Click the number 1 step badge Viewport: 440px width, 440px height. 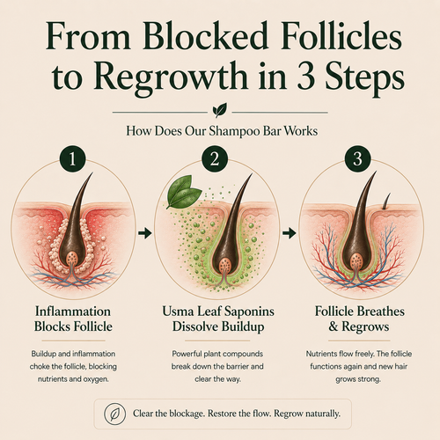[x=72, y=159]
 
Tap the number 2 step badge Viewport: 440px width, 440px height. [x=215, y=159]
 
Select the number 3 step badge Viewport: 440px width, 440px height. [x=357, y=159]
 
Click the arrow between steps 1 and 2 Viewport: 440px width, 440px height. [x=145, y=233]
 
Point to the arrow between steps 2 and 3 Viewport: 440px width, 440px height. [x=290, y=233]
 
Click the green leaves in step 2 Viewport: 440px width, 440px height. [x=183, y=191]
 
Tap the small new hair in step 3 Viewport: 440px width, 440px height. [x=386, y=202]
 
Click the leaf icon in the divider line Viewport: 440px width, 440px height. [x=220, y=110]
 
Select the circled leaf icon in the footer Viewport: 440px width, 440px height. [x=115, y=414]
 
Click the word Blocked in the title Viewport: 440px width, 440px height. [x=206, y=39]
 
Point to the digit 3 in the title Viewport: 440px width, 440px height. [x=307, y=77]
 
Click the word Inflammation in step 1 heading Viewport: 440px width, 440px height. [x=73, y=312]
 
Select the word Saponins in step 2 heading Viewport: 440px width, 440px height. [x=248, y=312]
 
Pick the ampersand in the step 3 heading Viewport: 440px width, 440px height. [x=334, y=326]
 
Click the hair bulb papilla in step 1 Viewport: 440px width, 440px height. [x=72, y=258]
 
